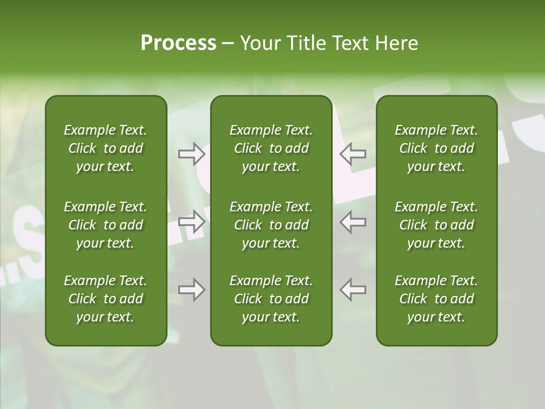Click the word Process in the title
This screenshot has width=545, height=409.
(x=178, y=43)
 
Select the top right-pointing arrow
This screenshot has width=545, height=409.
(x=192, y=153)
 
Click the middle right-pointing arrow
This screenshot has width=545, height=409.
(x=192, y=222)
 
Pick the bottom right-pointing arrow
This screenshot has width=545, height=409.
(x=192, y=290)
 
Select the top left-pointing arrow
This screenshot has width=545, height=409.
(x=353, y=153)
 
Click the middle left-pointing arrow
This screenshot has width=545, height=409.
(x=353, y=222)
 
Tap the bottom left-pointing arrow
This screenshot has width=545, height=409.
(x=353, y=290)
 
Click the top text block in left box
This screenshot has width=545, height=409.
(x=106, y=148)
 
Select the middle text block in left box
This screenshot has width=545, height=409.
(x=106, y=225)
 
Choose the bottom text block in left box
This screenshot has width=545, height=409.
(x=106, y=299)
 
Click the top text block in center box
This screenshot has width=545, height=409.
(x=271, y=148)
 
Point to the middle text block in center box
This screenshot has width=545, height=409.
(x=271, y=225)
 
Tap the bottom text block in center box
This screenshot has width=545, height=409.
(x=271, y=299)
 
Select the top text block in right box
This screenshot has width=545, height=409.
(x=436, y=148)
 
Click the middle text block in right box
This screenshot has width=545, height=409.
(x=436, y=225)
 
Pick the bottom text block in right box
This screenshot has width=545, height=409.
(x=436, y=299)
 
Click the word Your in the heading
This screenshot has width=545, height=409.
(x=260, y=43)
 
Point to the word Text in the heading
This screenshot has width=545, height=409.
(x=350, y=43)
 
